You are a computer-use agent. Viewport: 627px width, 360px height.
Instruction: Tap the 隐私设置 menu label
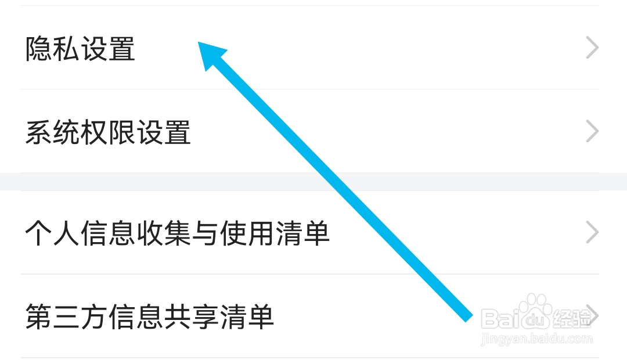pos(80,49)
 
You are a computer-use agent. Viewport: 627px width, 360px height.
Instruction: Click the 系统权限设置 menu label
pos(108,132)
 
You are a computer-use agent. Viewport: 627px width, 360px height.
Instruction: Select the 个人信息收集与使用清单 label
pos(177,233)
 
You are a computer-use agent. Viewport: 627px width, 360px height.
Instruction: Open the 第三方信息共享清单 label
pos(149,317)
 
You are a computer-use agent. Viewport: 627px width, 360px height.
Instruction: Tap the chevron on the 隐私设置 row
pos(592,48)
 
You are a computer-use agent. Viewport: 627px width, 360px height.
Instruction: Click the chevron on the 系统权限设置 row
pos(592,132)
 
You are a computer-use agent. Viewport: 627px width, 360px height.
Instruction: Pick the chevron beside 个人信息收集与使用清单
pos(592,233)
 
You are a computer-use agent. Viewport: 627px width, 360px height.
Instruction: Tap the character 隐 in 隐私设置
pos(39,49)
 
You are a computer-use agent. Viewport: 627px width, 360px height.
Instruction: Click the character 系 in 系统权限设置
pos(39,132)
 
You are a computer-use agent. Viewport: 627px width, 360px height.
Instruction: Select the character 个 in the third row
pos(39,233)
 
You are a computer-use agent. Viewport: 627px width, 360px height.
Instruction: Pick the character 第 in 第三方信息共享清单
pos(39,317)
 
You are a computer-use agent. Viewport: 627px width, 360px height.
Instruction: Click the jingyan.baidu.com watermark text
pos(537,338)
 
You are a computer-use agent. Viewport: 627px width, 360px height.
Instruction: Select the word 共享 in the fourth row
pos(204,317)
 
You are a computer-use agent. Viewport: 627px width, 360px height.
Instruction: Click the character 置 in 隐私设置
pos(122,49)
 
